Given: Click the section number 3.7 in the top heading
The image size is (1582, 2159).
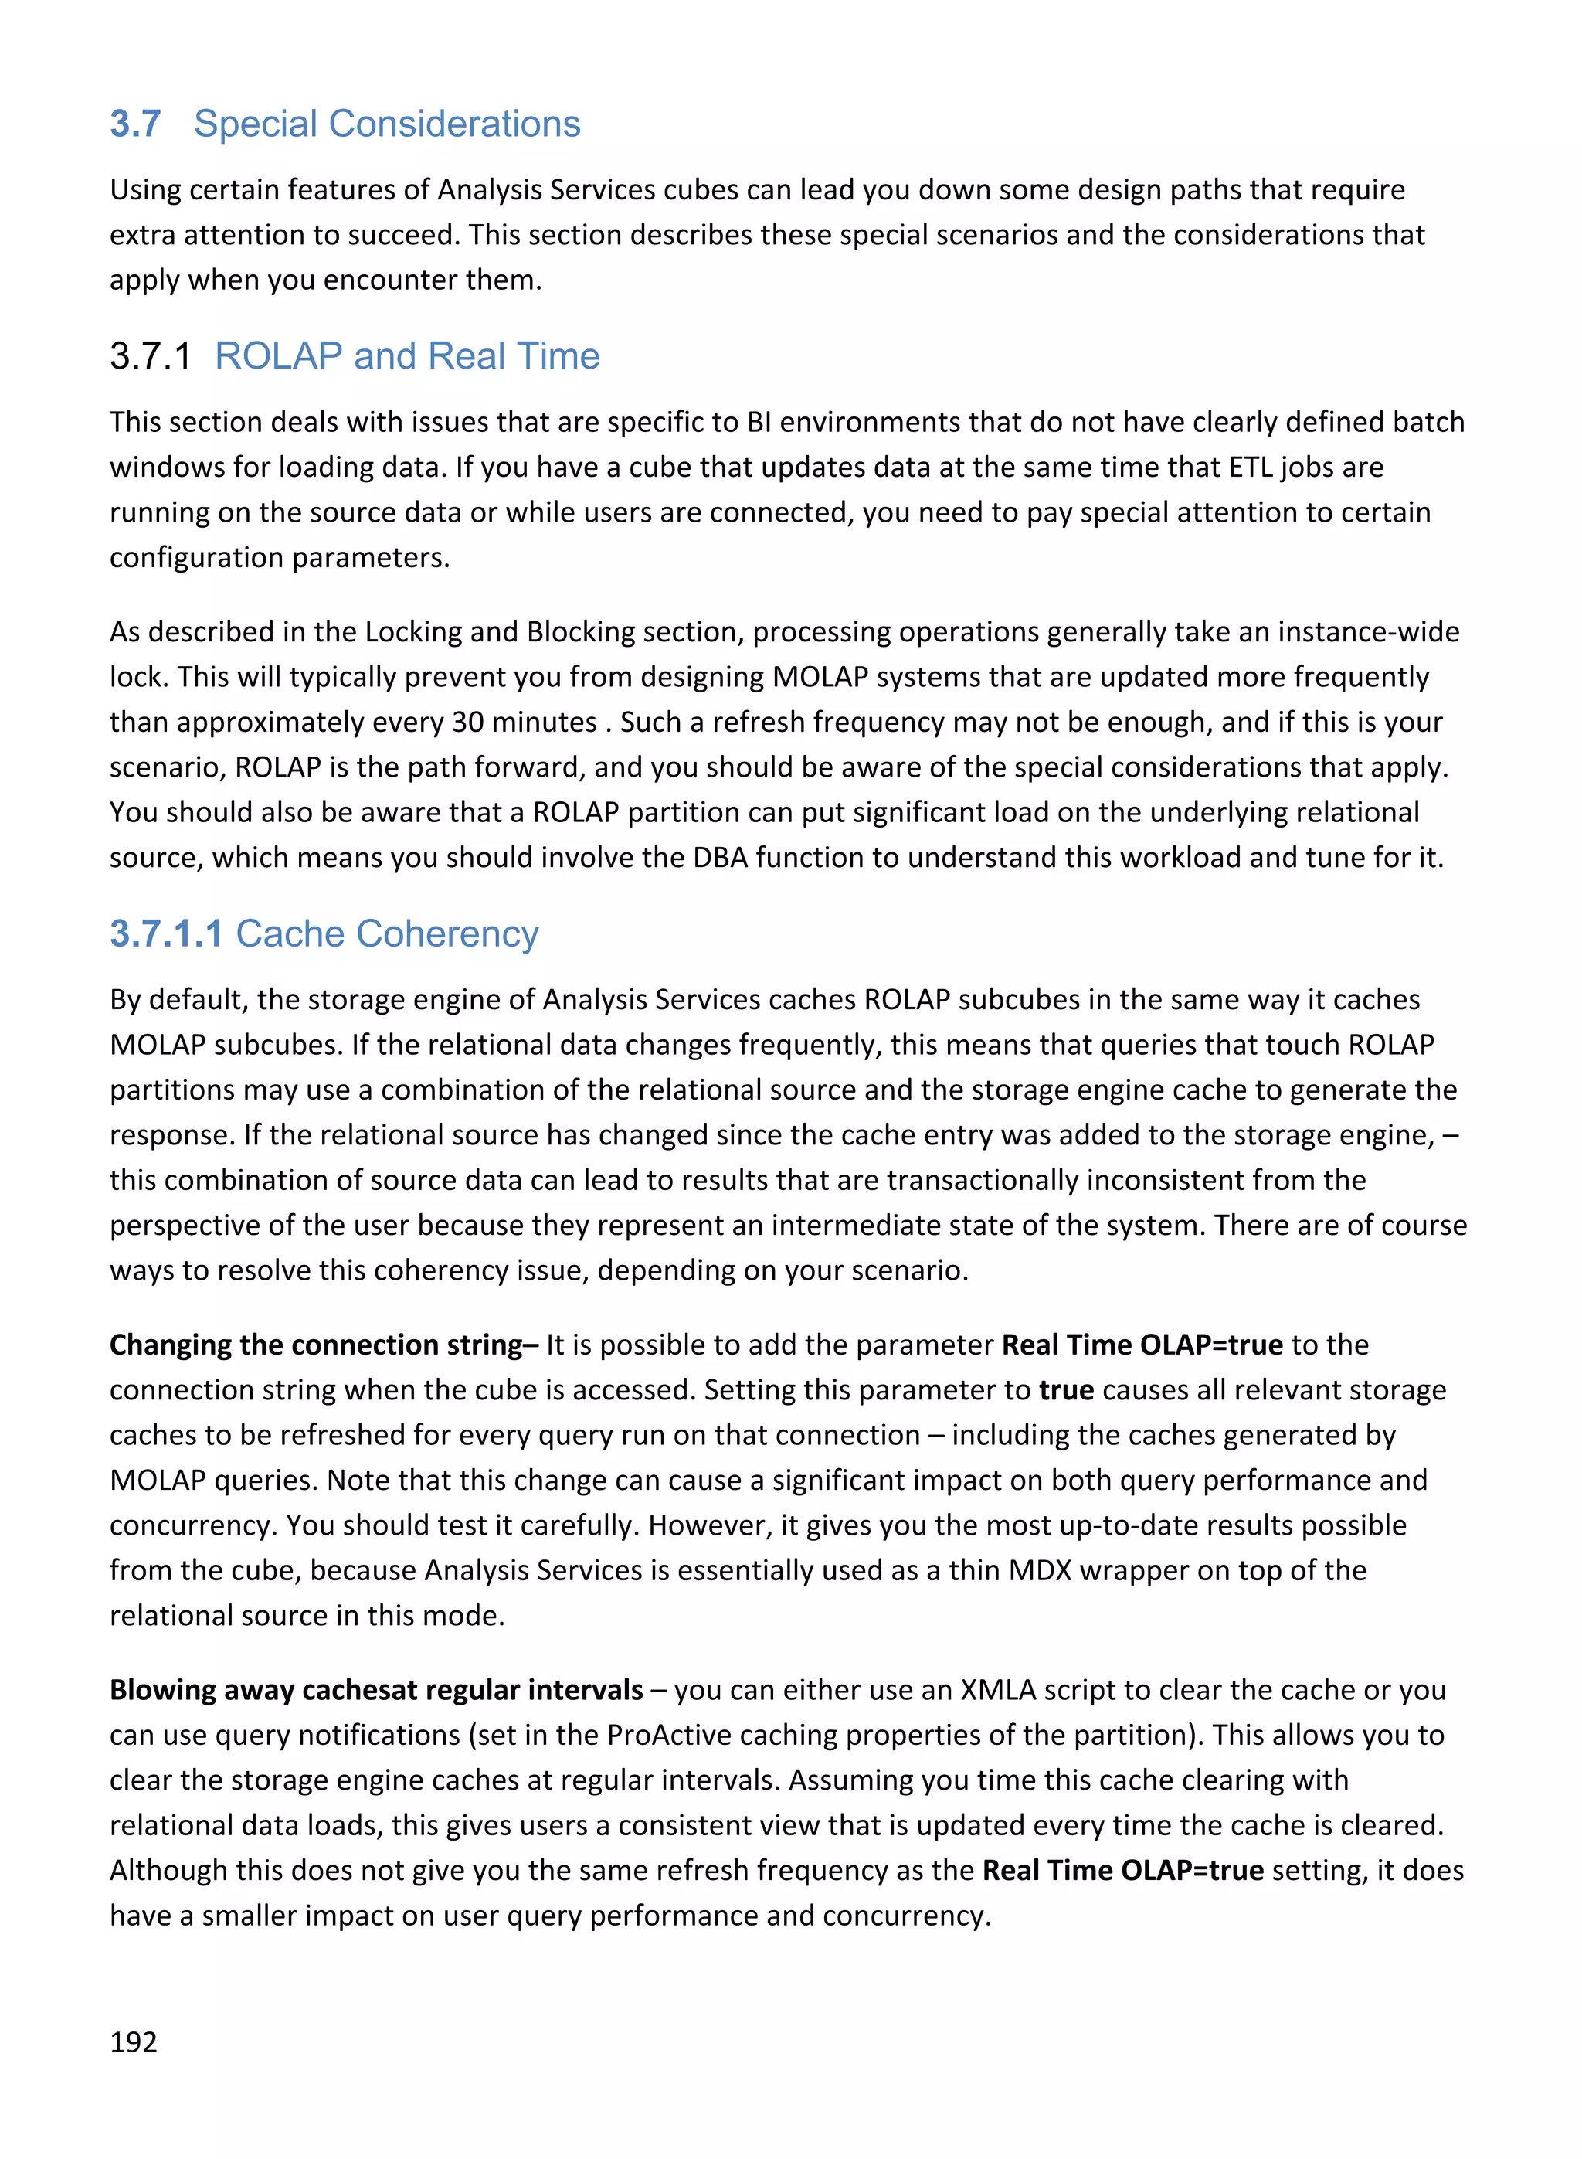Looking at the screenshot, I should [135, 124].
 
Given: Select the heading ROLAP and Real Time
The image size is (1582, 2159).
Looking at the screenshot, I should [407, 356].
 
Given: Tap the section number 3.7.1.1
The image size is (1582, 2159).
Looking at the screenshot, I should [165, 934].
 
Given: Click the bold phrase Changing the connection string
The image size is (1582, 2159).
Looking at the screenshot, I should [324, 1345].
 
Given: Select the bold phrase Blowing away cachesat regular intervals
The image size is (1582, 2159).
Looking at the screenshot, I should [375, 1690].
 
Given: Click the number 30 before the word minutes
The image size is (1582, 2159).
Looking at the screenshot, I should [468, 722].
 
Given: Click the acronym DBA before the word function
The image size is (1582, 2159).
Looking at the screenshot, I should [720, 857].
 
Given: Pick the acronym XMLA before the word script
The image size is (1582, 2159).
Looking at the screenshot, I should [998, 1690].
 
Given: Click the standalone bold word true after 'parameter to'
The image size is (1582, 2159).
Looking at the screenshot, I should [1066, 1390].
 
